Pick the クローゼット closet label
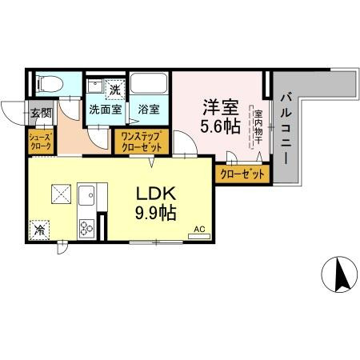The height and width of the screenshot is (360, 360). point(240,173)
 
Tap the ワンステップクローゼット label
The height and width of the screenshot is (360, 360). point(142,142)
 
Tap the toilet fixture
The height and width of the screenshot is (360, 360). point(49,82)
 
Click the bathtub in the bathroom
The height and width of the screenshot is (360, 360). point(149,84)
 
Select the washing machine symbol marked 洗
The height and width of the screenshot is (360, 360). point(114,90)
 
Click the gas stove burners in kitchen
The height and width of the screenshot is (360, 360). point(86,229)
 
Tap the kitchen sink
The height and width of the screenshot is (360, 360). point(86,194)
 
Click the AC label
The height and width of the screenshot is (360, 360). point(200,230)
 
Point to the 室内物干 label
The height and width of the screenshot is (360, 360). point(258,128)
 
